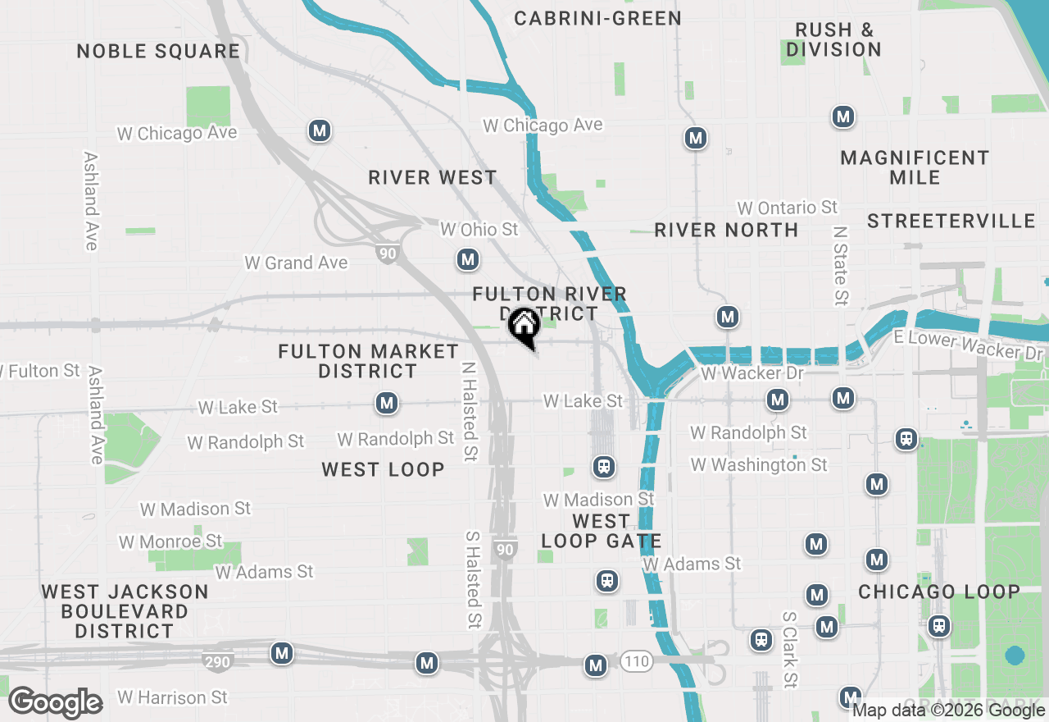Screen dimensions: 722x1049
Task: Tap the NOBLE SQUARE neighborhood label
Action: (158, 52)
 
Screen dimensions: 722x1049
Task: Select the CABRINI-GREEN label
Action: (597, 18)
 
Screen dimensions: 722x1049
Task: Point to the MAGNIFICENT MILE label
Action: (915, 167)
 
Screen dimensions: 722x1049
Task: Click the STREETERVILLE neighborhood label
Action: (951, 221)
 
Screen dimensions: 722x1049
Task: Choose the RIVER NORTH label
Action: (726, 230)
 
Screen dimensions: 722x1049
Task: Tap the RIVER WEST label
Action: (432, 177)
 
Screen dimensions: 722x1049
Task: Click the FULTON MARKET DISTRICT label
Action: (368, 361)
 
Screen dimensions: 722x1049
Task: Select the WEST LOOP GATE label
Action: (601, 531)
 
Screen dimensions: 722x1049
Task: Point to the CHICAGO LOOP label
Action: (939, 592)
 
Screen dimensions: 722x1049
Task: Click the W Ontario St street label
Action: (787, 208)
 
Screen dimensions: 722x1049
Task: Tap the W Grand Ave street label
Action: (296, 263)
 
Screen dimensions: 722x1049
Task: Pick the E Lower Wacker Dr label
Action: (969, 345)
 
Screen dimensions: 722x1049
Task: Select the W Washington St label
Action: (759, 465)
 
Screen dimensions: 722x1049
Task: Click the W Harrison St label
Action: (172, 697)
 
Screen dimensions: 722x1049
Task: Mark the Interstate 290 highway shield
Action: (220, 660)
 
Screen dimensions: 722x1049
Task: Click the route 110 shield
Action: (636, 661)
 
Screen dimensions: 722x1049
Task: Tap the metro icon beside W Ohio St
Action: (467, 260)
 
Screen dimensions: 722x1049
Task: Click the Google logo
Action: (55, 702)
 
